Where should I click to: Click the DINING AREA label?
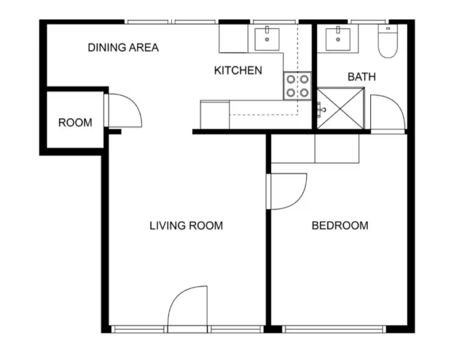point(123,47)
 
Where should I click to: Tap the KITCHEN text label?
point(238,71)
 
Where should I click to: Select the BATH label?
point(362,77)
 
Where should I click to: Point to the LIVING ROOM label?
point(186,226)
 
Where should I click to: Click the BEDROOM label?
point(340,225)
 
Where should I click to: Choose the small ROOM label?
point(75,122)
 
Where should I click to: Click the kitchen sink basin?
point(267,39)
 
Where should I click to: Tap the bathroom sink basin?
point(338,40)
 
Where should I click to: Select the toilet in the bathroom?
point(388,41)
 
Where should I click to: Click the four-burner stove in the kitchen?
point(297,86)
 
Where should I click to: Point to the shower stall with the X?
point(341,108)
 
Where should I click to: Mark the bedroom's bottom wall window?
point(334,329)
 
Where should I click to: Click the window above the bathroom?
point(368,21)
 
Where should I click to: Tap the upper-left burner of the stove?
point(291,79)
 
